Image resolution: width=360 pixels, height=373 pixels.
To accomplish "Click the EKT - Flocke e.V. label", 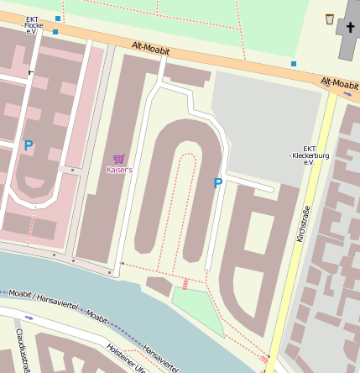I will click(34, 25).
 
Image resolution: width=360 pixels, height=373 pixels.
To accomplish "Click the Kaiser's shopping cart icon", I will click(119, 159).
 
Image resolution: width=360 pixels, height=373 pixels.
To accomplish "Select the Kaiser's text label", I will click(119, 170).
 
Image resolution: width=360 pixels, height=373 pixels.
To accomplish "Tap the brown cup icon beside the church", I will click(330, 19).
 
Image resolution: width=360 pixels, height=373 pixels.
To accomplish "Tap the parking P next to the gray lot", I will click(218, 183).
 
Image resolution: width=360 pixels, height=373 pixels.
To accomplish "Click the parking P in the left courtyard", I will click(29, 145).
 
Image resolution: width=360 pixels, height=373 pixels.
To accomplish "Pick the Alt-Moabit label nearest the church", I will click(339, 83).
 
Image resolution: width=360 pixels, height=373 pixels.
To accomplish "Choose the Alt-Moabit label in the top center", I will click(151, 50).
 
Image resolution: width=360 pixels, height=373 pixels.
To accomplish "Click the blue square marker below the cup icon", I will click(294, 64).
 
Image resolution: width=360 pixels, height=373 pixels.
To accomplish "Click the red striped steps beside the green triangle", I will click(185, 284).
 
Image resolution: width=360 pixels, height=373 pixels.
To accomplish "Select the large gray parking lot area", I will click(264, 126).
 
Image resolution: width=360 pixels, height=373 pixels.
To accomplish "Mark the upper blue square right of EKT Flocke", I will click(58, 18).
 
